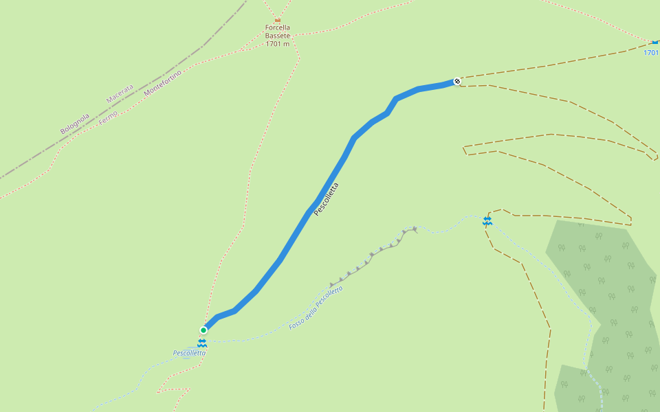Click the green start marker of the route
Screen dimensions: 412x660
click(x=203, y=330)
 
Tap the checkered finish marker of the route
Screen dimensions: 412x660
click(x=457, y=81)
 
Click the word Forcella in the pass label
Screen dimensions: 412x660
click(x=278, y=28)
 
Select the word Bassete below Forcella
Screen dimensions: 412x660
click(x=278, y=36)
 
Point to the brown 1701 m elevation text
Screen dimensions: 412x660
click(x=278, y=44)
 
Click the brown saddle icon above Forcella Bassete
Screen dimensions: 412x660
click(x=278, y=19)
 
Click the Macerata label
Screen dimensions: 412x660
click(x=120, y=93)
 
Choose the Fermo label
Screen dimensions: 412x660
click(x=108, y=117)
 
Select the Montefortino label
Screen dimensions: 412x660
click(x=163, y=82)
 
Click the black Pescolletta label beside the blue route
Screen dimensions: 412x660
click(x=326, y=199)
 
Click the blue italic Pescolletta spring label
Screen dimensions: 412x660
click(x=189, y=353)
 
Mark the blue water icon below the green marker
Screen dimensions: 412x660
click(x=202, y=342)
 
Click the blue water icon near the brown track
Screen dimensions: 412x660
click(x=487, y=220)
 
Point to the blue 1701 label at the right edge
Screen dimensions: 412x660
click(x=652, y=52)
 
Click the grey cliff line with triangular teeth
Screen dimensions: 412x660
click(x=371, y=257)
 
